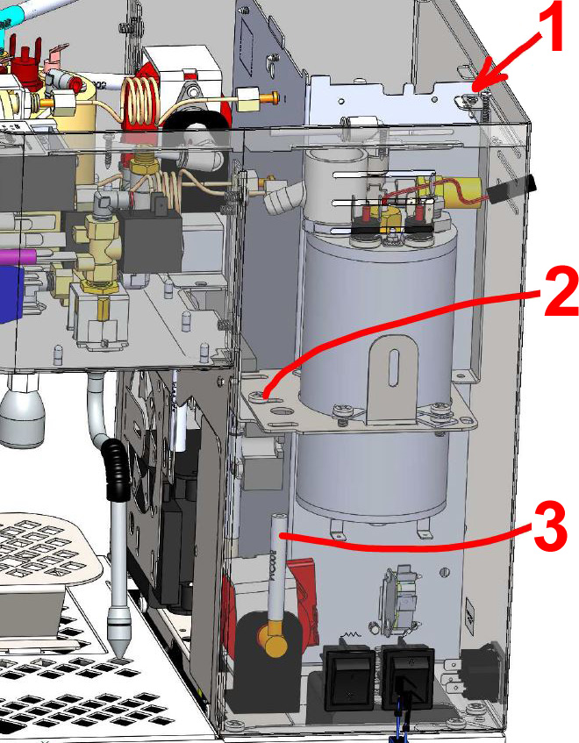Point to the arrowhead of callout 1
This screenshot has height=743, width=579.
click(475, 85)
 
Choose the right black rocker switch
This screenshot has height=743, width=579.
click(404, 677)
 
